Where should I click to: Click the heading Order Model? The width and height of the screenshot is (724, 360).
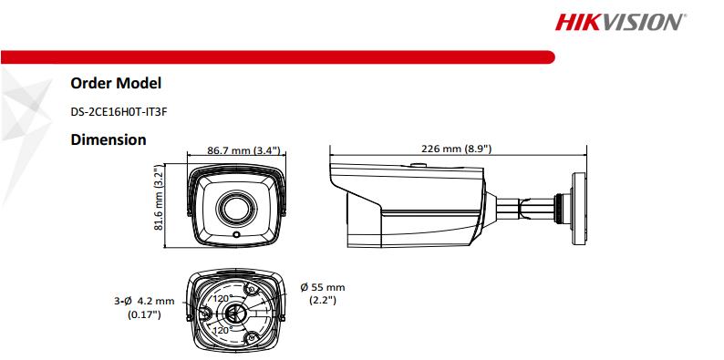tap(116, 84)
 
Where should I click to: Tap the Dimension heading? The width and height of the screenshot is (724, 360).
tap(108, 140)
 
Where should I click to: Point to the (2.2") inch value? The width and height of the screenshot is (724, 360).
tap(324, 300)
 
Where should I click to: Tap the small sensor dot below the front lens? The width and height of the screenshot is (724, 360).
tap(236, 235)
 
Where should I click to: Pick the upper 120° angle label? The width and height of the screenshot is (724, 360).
tap(222, 298)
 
